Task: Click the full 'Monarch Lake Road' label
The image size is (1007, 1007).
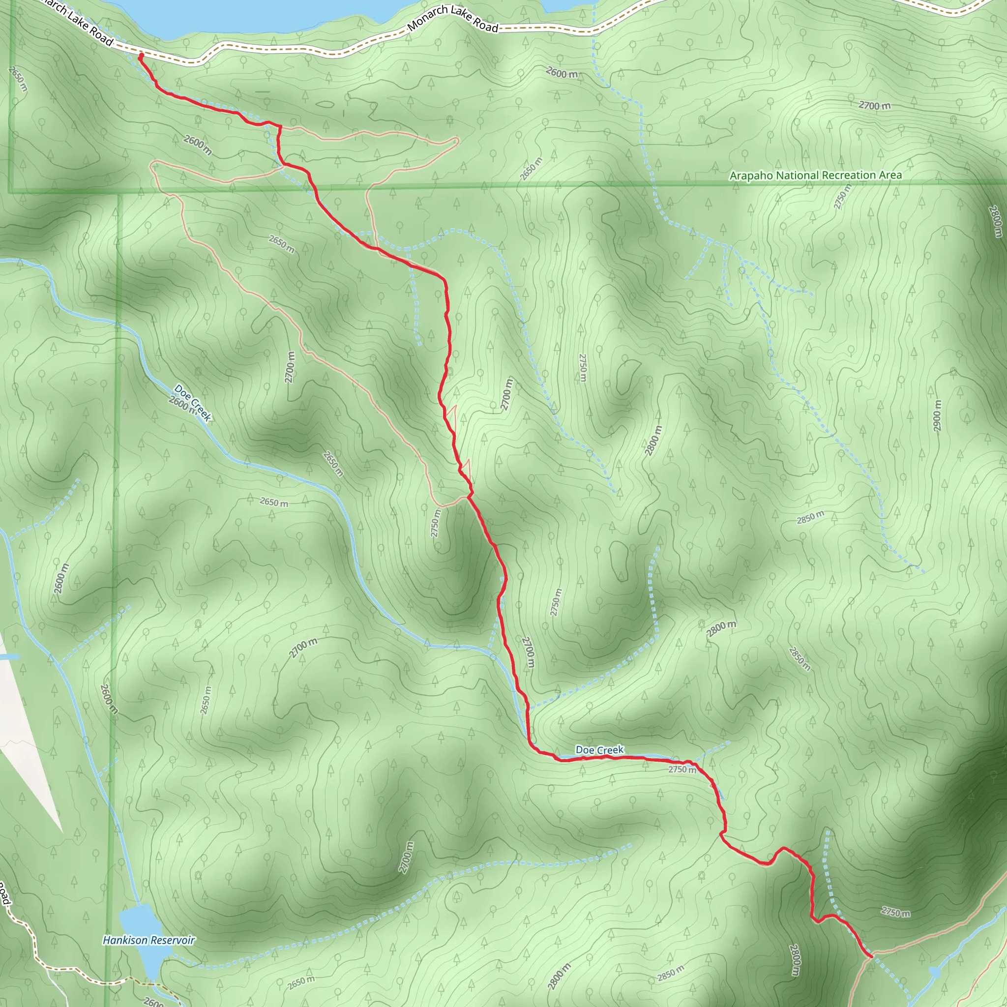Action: pyautogui.click(x=453, y=18)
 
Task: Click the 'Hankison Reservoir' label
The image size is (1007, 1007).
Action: pyautogui.click(x=148, y=940)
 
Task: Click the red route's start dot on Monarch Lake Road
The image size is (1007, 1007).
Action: pyautogui.click(x=141, y=55)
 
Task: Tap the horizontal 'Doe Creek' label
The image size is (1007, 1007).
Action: pyautogui.click(x=599, y=750)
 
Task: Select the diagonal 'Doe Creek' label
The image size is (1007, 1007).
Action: pyautogui.click(x=193, y=402)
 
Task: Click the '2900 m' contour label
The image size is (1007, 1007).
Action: pyautogui.click(x=937, y=415)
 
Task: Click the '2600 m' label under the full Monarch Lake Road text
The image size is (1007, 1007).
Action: pyautogui.click(x=562, y=73)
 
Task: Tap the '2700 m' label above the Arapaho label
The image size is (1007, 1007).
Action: pyautogui.click(x=875, y=105)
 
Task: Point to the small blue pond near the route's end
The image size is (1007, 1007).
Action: pyautogui.click(x=935, y=973)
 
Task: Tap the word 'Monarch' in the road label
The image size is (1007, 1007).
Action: pyautogui.click(x=428, y=18)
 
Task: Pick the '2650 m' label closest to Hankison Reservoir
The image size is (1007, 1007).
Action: pyautogui.click(x=301, y=983)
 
